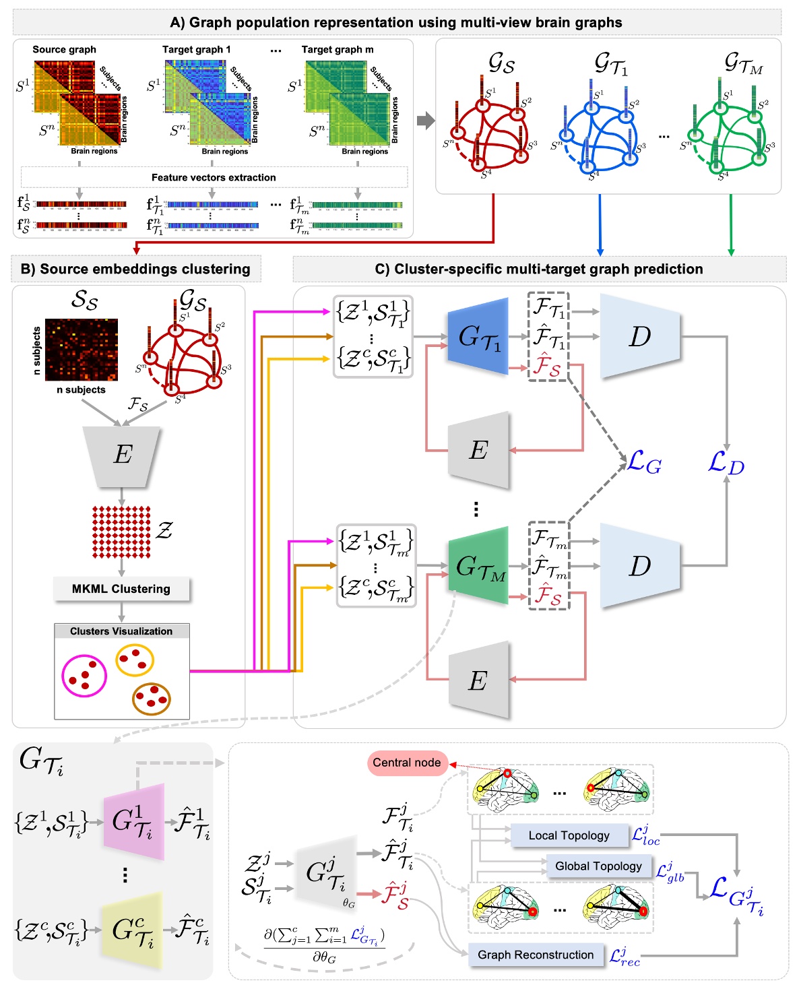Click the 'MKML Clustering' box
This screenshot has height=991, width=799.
[x=121, y=589]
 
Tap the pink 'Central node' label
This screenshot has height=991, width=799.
[x=407, y=763]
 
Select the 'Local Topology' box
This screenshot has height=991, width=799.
[x=569, y=835]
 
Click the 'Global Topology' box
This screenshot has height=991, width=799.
[x=598, y=866]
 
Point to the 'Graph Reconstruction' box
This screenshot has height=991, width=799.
[x=536, y=955]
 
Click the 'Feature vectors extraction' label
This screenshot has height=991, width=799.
[x=214, y=178]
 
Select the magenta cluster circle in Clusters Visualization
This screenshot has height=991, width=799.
[x=84, y=675]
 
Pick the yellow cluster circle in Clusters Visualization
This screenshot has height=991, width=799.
[x=135, y=660]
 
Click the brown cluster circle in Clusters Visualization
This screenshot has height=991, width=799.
[x=152, y=699]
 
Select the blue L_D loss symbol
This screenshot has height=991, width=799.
[x=726, y=463]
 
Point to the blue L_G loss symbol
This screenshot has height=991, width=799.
[x=644, y=463]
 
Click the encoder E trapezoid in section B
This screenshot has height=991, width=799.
[x=122, y=455]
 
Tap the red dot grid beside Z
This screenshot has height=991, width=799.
[x=121, y=532]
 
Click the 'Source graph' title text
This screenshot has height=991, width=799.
[x=65, y=49]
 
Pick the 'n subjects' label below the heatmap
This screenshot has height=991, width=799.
[x=81, y=389]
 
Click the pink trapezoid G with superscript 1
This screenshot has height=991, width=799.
[x=133, y=822]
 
